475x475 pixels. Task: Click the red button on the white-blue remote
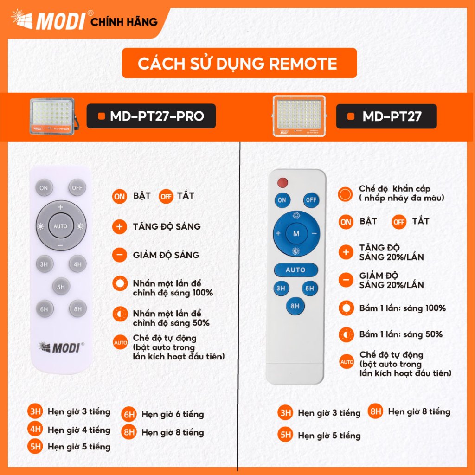tap(282, 183)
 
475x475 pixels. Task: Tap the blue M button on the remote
tap(296, 234)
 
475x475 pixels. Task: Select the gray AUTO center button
tap(61, 226)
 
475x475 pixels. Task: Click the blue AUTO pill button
tap(295, 270)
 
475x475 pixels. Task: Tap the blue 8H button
tap(295, 306)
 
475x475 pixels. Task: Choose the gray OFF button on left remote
tap(77, 188)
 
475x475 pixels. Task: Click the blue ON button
tap(282, 200)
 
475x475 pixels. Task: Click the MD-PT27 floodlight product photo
tap(299, 116)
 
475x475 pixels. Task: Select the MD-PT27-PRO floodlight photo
tap(53, 116)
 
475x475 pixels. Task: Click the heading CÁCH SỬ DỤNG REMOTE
tap(238, 63)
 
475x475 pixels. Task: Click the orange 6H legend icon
tap(129, 414)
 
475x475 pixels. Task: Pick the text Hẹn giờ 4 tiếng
tap(79, 430)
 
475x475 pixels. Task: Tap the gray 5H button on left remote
tap(61, 287)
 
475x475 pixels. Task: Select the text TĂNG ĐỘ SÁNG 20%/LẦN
tap(392, 252)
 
